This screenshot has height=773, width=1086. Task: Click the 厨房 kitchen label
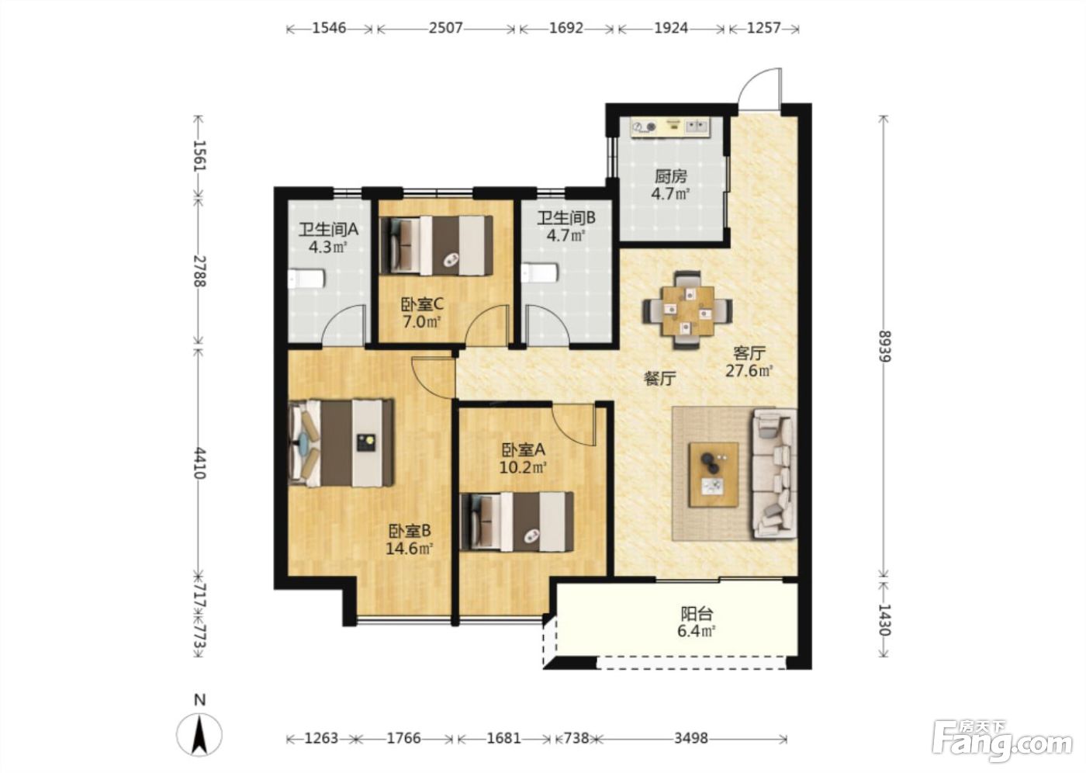(x=671, y=175)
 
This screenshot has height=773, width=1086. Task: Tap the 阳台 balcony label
(x=697, y=614)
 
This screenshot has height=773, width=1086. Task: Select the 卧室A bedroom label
(x=523, y=450)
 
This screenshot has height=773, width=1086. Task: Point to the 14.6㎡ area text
(x=410, y=549)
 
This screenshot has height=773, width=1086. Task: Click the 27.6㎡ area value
(x=749, y=371)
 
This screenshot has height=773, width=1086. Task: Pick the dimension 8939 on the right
(x=885, y=346)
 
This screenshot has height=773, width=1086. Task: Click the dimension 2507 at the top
(x=445, y=28)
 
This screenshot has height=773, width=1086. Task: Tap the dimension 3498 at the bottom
(x=691, y=739)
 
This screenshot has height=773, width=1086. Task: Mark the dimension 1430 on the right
(x=885, y=620)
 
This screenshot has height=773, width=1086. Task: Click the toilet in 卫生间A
(x=306, y=279)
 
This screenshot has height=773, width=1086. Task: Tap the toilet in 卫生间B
(x=540, y=273)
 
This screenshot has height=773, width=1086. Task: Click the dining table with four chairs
(x=687, y=311)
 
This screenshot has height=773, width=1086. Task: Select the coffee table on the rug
(x=714, y=475)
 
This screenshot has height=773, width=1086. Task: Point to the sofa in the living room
(x=774, y=473)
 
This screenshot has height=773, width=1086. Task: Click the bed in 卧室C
(x=436, y=245)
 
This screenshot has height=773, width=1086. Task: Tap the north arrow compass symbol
(x=199, y=734)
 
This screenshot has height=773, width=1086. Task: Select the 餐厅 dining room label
(x=660, y=379)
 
